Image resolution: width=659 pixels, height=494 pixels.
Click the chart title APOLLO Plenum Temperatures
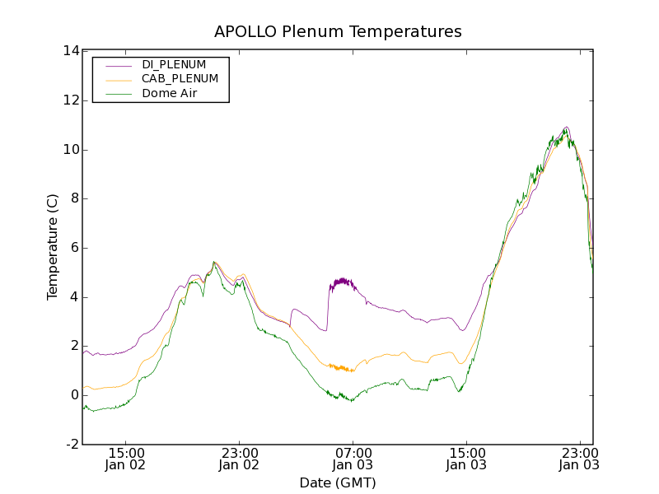pyautogui.click(x=338, y=32)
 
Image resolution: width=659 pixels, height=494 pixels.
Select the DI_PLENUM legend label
pyautogui.click(x=174, y=64)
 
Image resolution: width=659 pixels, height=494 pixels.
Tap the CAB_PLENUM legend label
pyautogui.click(x=180, y=79)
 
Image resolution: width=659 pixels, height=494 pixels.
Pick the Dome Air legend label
pyautogui.click(x=169, y=94)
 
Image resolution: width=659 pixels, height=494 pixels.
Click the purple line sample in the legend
pyautogui.click(x=118, y=64)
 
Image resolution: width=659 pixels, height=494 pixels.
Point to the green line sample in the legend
pyautogui.click(x=118, y=94)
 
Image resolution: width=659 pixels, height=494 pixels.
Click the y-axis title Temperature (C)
pyautogui.click(x=53, y=247)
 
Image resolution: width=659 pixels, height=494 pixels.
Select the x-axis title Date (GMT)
pyautogui.click(x=338, y=482)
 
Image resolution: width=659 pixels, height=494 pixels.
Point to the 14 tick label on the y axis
pyautogui.click(x=71, y=51)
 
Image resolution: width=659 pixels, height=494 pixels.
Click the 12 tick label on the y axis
pyautogui.click(x=71, y=100)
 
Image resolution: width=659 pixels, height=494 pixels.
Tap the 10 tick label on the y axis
pyautogui.click(x=71, y=150)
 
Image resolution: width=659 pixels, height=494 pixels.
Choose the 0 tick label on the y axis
pyautogui.click(x=74, y=395)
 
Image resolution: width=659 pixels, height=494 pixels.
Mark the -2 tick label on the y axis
pyautogui.click(x=72, y=445)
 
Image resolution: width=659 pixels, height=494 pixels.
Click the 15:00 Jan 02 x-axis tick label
pyautogui.click(x=126, y=459)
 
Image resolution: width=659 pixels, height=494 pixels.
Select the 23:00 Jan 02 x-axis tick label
pyautogui.click(x=239, y=459)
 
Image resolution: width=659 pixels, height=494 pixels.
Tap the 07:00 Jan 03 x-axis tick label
pyautogui.click(x=353, y=459)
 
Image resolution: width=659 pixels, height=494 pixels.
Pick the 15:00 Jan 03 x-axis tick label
pyautogui.click(x=465, y=459)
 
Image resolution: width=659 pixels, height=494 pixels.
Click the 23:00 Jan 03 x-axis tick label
pyautogui.click(x=578, y=459)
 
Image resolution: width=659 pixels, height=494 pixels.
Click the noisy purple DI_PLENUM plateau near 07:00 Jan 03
pyautogui.click(x=341, y=283)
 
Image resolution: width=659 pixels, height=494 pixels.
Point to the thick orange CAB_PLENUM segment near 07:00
pyautogui.click(x=341, y=367)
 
